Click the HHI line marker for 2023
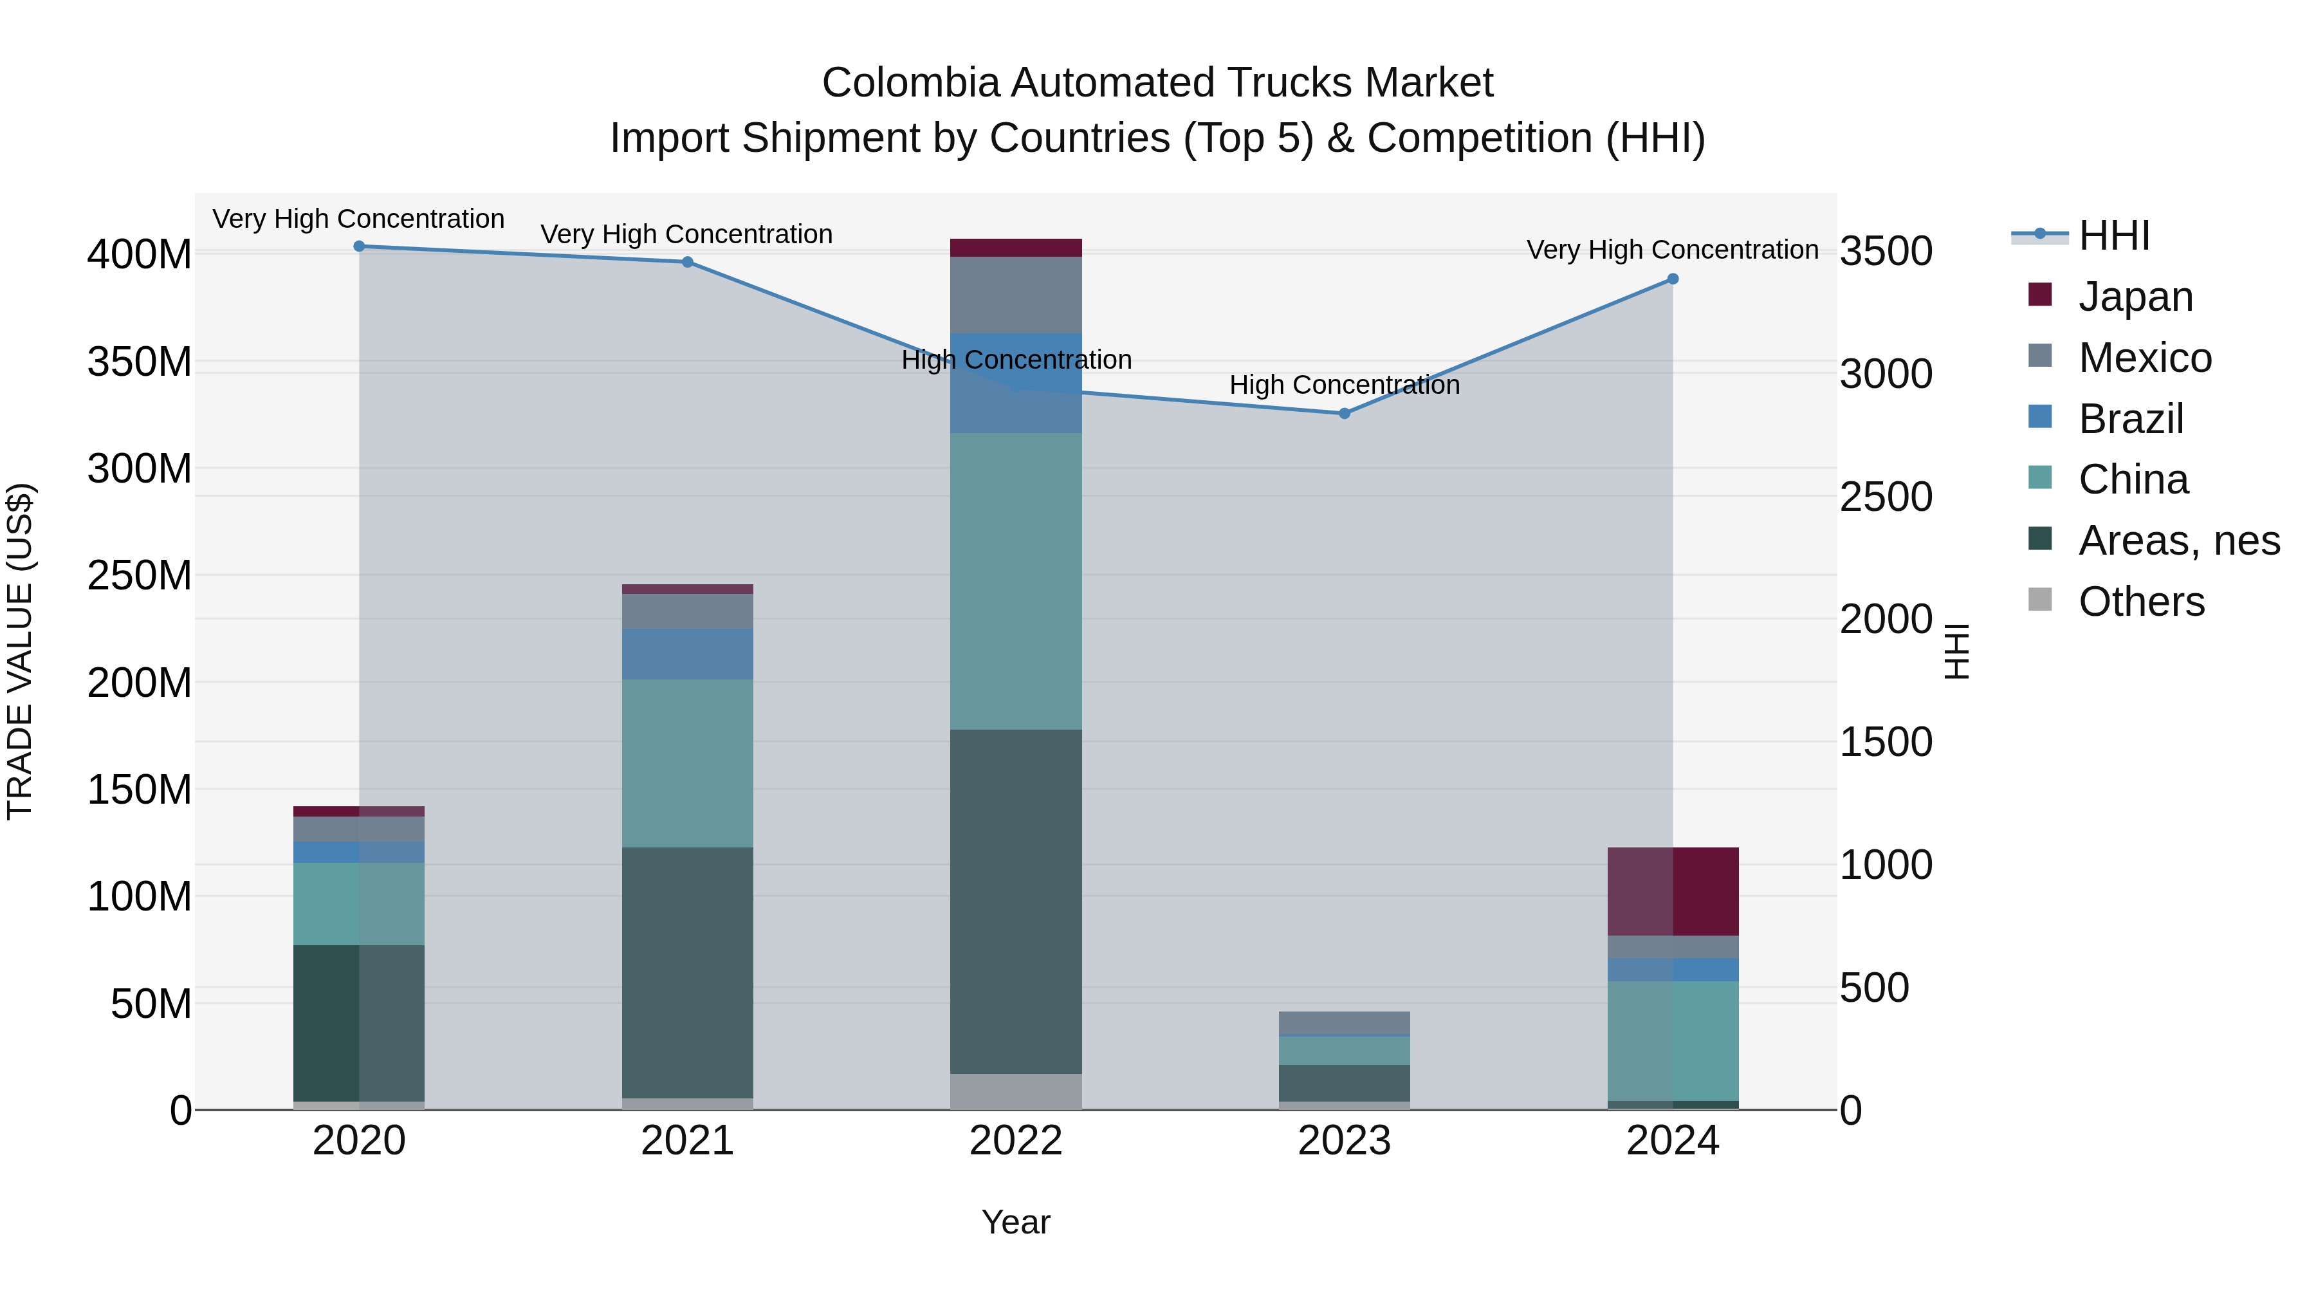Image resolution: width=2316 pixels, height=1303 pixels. pos(1344,414)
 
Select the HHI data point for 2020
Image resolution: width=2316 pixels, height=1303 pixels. pos(359,246)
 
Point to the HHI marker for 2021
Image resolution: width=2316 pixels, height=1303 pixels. pos(688,263)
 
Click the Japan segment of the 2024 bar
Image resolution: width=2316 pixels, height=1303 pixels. pos(1672,891)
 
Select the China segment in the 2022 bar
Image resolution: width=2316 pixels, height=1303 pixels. pos(1016,581)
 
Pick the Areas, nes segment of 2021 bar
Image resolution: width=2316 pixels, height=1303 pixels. pos(688,972)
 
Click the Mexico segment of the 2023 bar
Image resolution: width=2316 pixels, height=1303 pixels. pos(1344,1023)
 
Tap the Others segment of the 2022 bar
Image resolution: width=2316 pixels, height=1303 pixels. pos(1016,1091)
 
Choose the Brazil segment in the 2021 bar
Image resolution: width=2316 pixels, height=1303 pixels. pos(688,654)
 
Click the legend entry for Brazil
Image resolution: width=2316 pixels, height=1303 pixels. pos(2131,419)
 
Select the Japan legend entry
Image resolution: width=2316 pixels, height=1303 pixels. pos(2135,297)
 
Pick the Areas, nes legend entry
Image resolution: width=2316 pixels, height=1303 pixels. pos(2178,541)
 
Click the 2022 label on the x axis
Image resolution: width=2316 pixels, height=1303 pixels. pos(1016,1141)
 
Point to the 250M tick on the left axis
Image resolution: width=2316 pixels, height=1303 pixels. pos(140,575)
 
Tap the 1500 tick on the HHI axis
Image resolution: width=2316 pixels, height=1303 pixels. pos(1886,743)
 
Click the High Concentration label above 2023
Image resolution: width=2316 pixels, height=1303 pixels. pos(1344,385)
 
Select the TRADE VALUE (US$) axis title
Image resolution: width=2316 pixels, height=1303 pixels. pos(21,651)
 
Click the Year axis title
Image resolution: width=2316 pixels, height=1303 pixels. pos(1016,1222)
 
